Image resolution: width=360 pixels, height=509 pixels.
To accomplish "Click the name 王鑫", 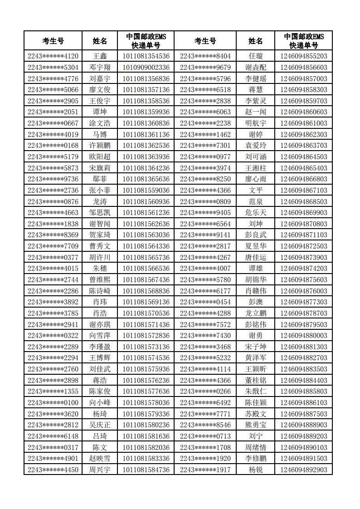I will point(100,56).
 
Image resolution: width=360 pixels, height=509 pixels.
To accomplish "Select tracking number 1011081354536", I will point(146,56).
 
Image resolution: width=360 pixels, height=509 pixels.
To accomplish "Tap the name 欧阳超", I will point(100,157).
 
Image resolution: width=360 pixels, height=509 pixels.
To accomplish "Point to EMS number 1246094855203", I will point(303,56).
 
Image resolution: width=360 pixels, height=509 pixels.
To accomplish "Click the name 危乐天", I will point(256,213).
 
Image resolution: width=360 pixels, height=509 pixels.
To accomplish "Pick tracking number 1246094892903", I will point(303,470).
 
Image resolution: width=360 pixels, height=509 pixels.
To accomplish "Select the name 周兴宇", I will point(100,470).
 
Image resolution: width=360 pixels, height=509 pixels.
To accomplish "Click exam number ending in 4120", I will point(53,56).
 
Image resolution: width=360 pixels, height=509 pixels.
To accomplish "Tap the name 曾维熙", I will point(100,280).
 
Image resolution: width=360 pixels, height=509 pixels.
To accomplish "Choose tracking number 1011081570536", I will point(146,313).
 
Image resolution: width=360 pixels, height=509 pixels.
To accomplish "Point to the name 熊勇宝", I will point(256,425).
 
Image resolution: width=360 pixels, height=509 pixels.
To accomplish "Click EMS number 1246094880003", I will point(303,336).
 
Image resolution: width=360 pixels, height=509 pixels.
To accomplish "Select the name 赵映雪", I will point(100,459).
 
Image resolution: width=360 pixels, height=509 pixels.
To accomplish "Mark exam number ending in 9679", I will point(205,68).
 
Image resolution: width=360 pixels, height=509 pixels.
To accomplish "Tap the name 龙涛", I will point(100,201).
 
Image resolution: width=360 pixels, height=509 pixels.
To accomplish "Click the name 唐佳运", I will point(256,257).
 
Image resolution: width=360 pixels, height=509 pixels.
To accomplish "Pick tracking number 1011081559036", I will point(146,191).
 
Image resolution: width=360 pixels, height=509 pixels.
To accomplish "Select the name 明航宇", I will point(256,123).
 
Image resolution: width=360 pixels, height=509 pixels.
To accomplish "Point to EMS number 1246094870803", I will point(303,224).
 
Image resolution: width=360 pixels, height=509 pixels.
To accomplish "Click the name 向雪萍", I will point(100,336).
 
